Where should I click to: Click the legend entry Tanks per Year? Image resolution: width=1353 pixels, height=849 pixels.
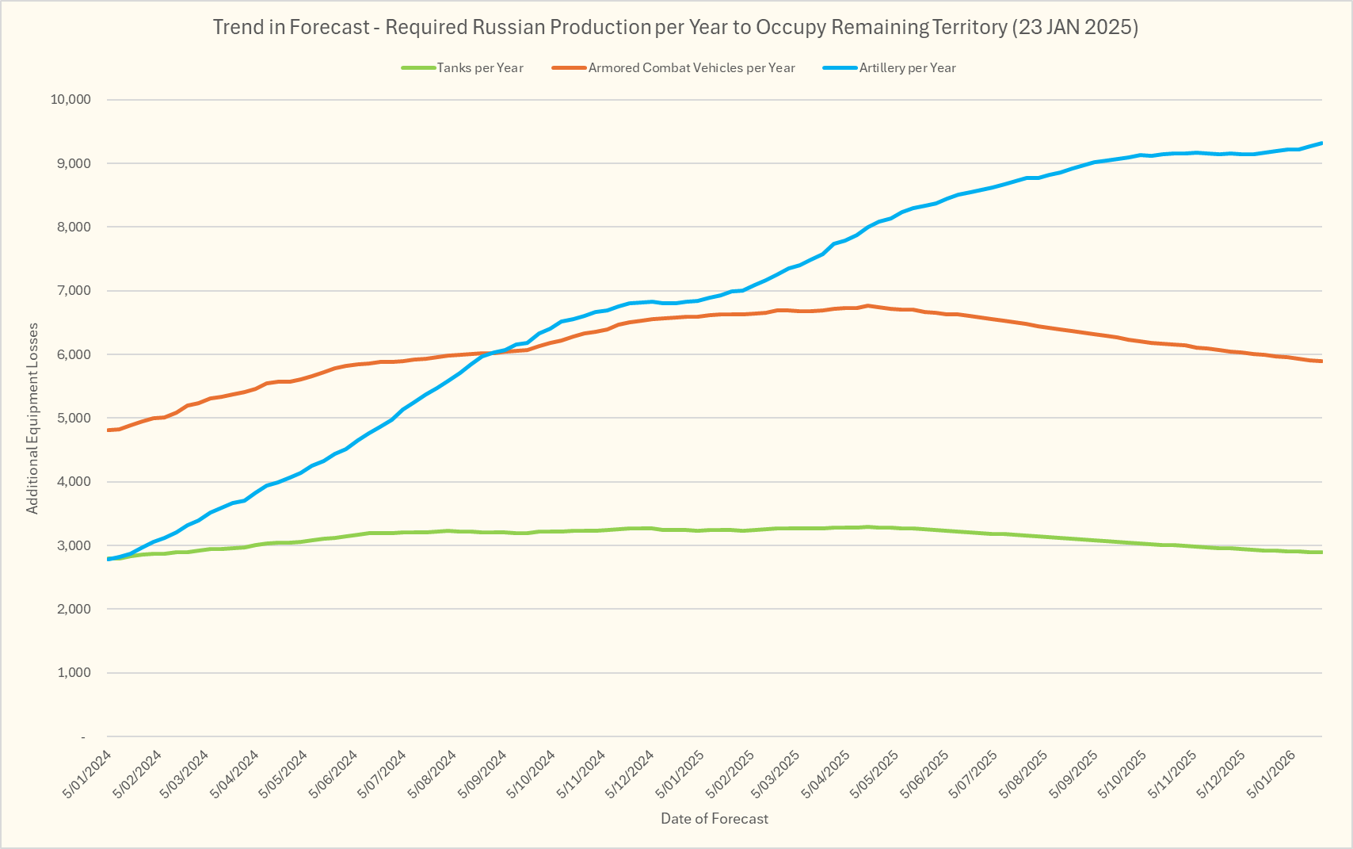(x=480, y=68)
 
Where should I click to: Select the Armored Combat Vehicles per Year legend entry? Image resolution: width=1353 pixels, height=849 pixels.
(x=691, y=68)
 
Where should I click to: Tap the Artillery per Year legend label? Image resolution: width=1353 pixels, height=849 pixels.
(x=907, y=68)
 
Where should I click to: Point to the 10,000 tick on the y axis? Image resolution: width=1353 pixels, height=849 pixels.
(x=71, y=100)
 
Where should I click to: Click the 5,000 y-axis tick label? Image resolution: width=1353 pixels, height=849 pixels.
(x=73, y=418)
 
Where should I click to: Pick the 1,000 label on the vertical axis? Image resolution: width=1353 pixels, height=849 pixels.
(x=73, y=673)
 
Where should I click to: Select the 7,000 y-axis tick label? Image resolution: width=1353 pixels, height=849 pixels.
(x=73, y=291)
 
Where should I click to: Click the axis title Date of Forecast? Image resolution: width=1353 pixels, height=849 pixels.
(x=715, y=819)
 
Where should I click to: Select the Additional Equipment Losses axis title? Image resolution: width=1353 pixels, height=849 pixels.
(x=32, y=419)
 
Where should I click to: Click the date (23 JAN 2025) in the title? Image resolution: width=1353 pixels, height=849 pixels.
(x=1074, y=27)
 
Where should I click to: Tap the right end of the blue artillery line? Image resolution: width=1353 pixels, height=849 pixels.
(x=1321, y=143)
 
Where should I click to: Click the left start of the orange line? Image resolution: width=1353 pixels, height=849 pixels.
(x=108, y=430)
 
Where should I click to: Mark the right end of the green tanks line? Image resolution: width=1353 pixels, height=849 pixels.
(x=1321, y=552)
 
